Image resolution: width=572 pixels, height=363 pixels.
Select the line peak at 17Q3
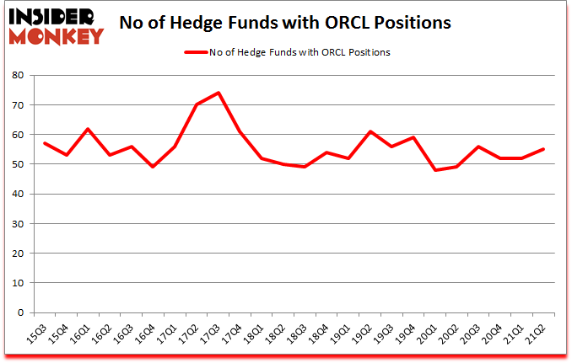217,93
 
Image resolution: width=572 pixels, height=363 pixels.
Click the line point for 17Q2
195,104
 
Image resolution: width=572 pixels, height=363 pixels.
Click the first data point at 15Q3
44,143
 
